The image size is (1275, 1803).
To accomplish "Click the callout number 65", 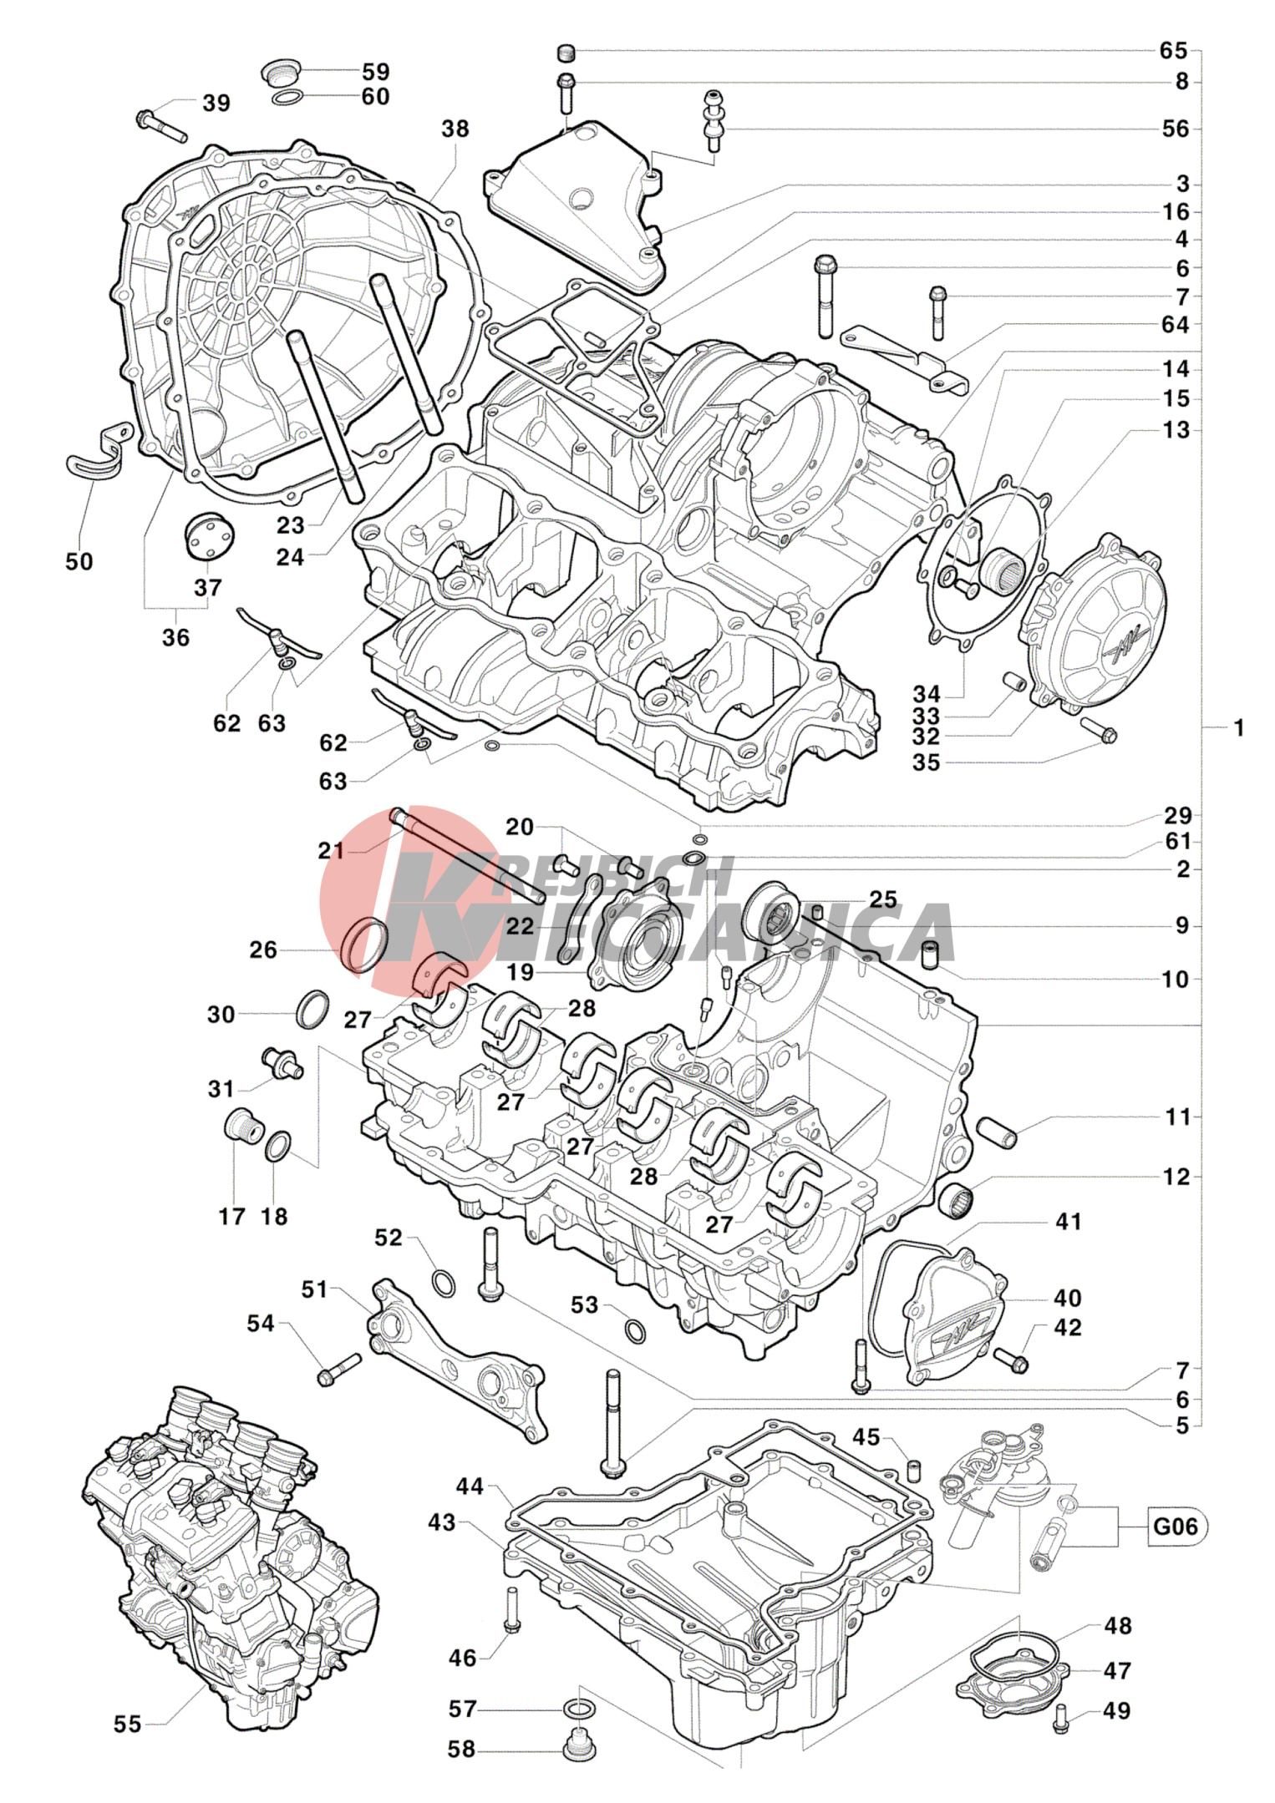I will (1173, 51).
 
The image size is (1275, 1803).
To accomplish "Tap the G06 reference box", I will (1175, 1527).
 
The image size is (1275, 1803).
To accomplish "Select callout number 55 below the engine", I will (128, 1724).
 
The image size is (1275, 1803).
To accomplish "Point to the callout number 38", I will (455, 129).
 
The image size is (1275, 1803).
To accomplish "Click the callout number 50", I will (79, 561).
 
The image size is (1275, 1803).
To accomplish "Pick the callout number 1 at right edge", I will (1239, 727).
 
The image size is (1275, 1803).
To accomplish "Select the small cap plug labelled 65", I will (566, 53).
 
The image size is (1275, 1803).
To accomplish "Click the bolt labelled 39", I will (160, 125).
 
